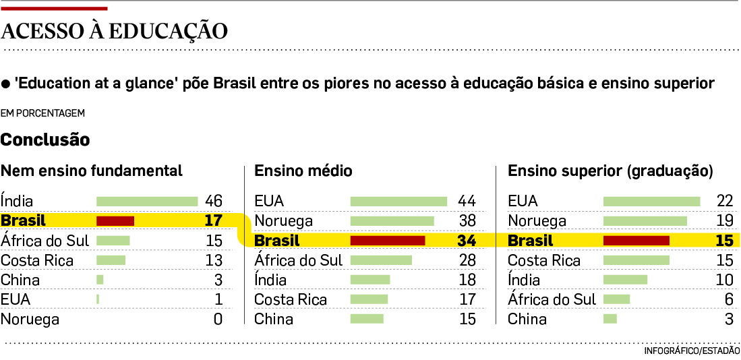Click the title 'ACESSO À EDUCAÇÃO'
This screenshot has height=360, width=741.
115,32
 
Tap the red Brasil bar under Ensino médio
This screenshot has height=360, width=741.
388,241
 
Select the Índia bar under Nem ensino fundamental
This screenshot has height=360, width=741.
147,201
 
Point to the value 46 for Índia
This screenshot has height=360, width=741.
214,201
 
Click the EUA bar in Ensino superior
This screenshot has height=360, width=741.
651,201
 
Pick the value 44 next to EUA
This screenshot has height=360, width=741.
467,201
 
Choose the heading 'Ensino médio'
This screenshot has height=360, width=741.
303,171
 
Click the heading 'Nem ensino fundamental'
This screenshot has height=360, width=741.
92,171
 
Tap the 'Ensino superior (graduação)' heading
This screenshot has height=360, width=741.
610,171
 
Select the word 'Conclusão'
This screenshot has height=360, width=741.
45,140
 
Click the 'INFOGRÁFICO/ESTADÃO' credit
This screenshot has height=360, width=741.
692,351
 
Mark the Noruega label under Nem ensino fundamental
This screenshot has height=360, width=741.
30,319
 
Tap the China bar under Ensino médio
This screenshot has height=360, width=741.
367,319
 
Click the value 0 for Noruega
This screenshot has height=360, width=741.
218,319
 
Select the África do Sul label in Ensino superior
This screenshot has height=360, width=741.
552,299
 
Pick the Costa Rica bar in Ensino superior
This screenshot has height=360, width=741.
636,260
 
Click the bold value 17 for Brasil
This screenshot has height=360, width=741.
213,220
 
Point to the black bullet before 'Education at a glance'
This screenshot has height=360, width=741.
6,84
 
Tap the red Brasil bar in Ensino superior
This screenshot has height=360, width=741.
636,241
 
